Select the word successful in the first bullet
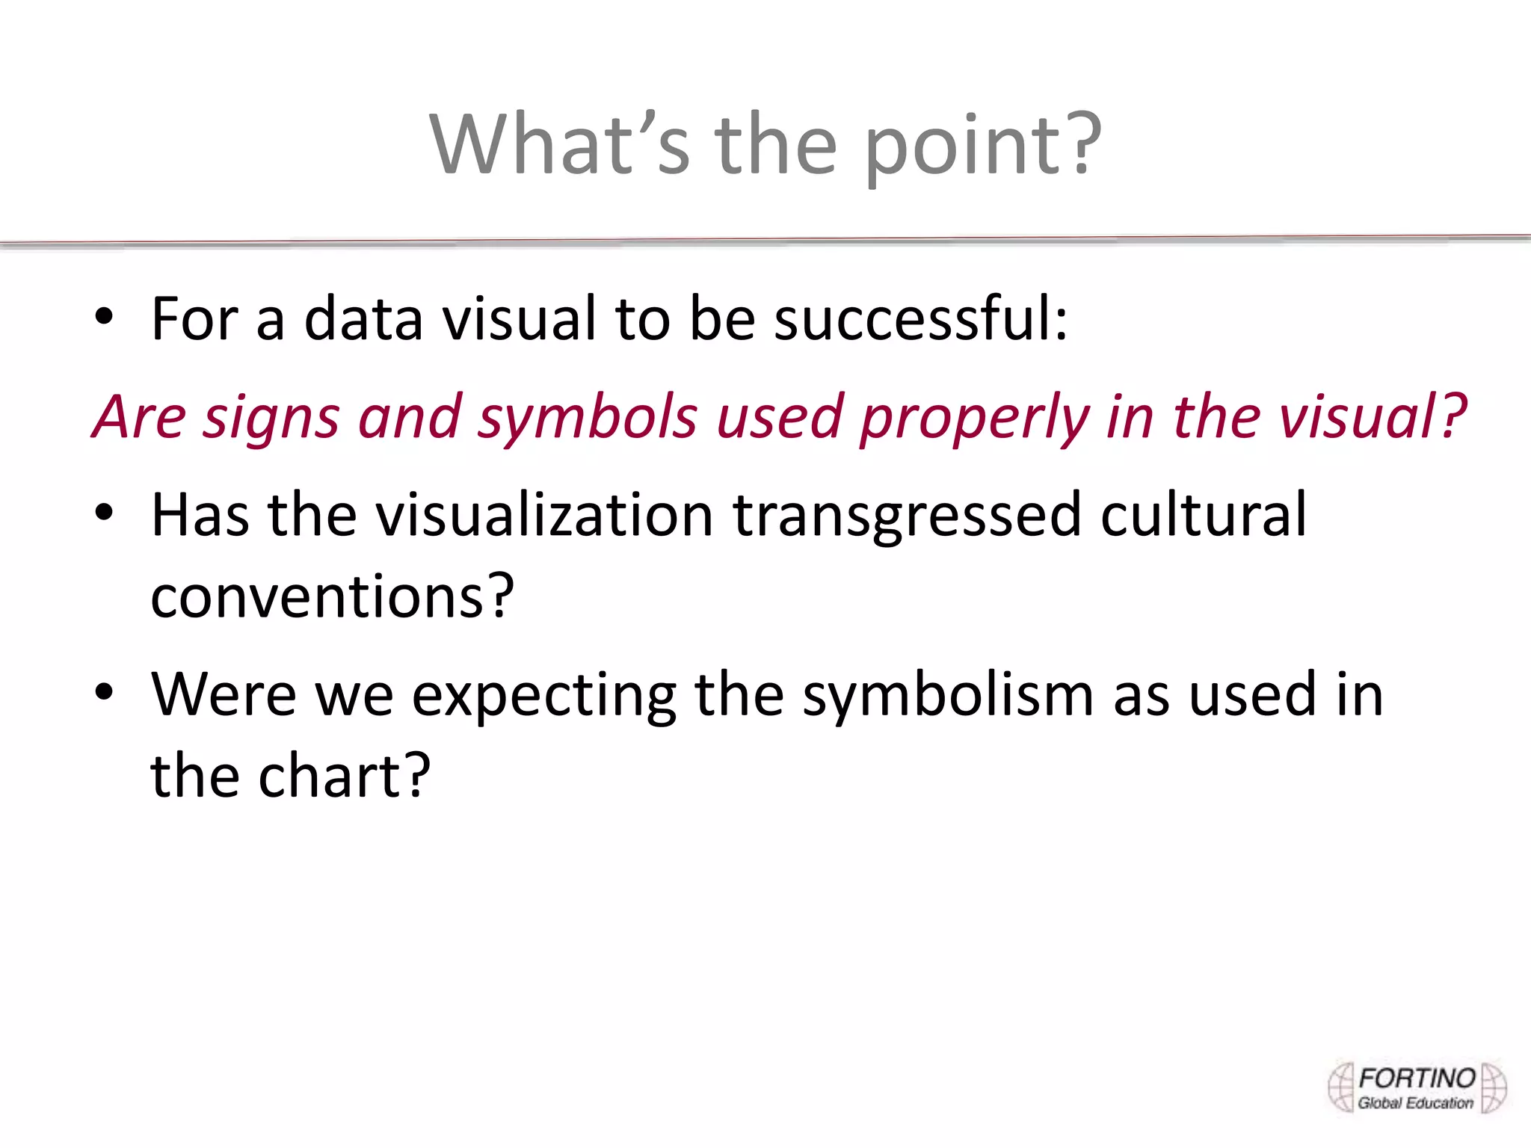coord(920,319)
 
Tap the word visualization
coord(544,515)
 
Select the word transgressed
coord(907,516)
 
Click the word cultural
coord(1204,515)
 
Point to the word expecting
coord(544,696)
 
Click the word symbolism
coord(949,696)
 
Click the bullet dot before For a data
coord(104,318)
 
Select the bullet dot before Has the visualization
coord(104,513)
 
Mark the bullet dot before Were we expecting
coord(104,693)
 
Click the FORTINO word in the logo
coord(1417,1078)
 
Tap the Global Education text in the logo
coord(1415,1103)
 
